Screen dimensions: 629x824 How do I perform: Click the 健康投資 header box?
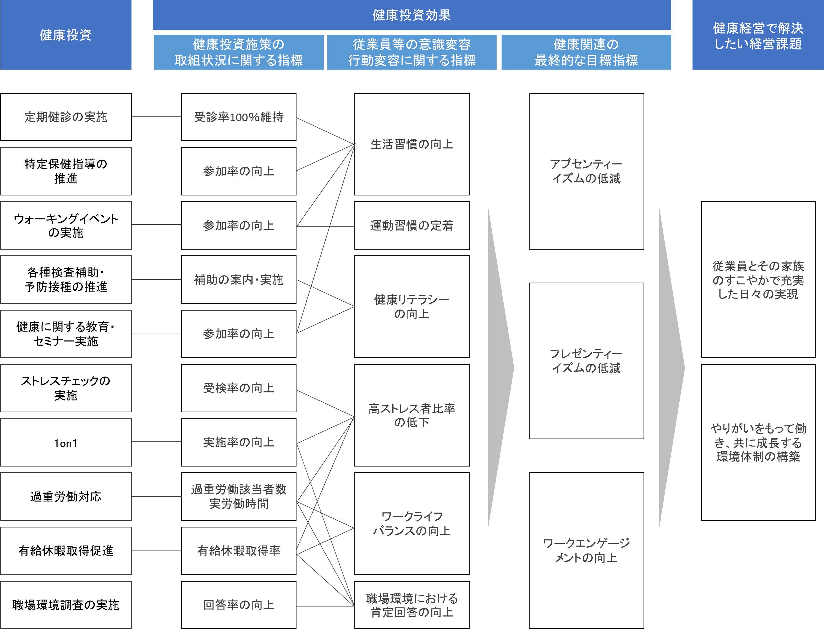coord(65,35)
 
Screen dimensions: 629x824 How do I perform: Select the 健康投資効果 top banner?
coord(411,15)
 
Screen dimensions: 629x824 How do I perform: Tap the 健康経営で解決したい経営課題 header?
coord(758,35)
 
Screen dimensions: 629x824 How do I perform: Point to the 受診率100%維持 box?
coord(239,117)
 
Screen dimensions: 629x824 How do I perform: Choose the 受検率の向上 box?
coord(239,388)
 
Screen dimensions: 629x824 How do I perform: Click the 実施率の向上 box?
coord(239,442)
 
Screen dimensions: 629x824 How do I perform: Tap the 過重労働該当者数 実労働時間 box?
coord(239,496)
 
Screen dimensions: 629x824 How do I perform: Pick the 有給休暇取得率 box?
coord(239,551)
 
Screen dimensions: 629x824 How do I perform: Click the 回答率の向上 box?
coord(239,605)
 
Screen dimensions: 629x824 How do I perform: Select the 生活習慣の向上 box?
coord(412,144)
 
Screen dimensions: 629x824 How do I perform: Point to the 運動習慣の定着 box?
coord(412,225)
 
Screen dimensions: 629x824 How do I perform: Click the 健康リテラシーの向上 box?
coord(412,307)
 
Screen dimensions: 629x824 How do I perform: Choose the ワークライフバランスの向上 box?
coord(412,523)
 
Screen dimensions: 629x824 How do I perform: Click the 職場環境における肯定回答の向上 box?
coord(412,605)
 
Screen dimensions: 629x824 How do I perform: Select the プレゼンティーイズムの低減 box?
coord(586,361)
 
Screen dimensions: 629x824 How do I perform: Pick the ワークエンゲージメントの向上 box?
coord(586,551)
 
